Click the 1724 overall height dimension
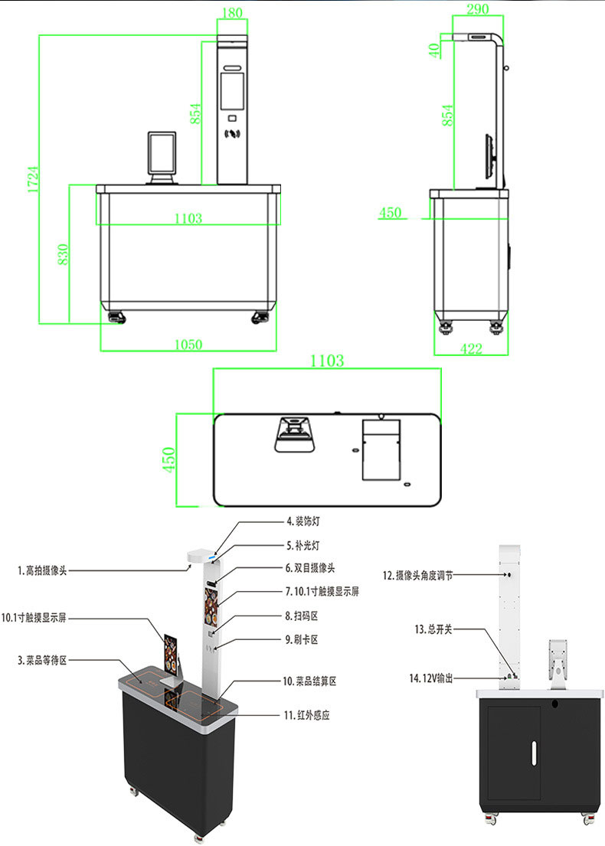pyautogui.click(x=33, y=178)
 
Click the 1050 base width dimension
pyautogui.click(x=188, y=345)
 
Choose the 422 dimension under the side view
pyautogui.click(x=471, y=348)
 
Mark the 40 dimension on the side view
pyautogui.click(x=434, y=51)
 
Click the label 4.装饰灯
pyautogui.click(x=300, y=522)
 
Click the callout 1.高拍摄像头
pyautogui.click(x=47, y=570)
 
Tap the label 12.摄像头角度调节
pyautogui.click(x=417, y=575)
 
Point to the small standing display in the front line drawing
pyautogui.click(x=162, y=157)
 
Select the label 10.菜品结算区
pyautogui.click(x=309, y=681)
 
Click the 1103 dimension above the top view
pyautogui.click(x=327, y=361)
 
